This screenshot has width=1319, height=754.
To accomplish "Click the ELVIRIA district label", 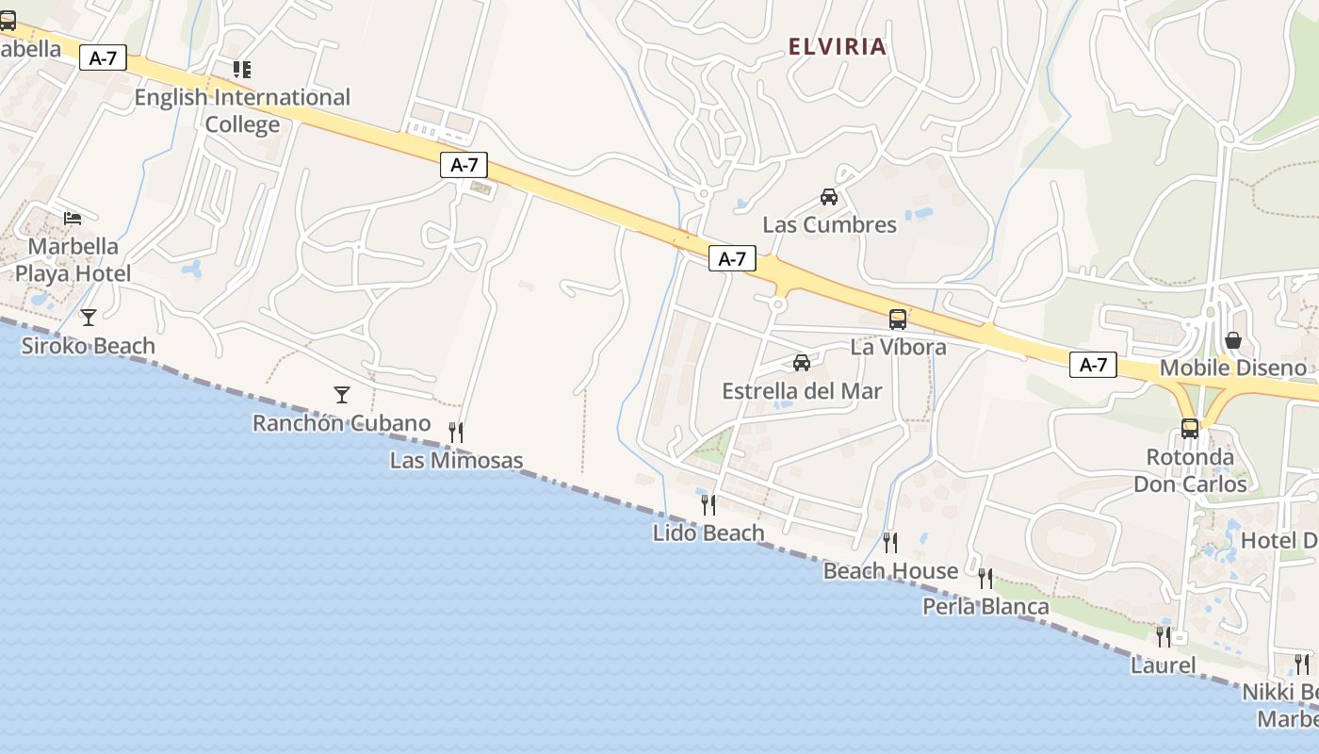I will point(837,46).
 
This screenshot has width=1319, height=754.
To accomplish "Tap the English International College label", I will point(242,110).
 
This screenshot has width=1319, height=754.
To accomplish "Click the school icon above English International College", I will point(242,69).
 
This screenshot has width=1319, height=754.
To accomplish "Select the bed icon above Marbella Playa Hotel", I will point(73,218).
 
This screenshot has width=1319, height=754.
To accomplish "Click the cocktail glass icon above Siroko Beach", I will point(89,317).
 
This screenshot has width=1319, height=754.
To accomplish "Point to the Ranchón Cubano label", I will point(341,423).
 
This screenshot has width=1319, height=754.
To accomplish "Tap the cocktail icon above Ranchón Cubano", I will point(341,394).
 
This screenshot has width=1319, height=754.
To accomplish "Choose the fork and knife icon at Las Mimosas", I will point(456,432).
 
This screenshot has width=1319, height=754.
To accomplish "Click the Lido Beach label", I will point(708,533).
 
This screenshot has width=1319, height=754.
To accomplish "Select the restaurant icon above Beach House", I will point(889,542).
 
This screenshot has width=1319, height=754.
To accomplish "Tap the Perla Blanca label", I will point(985,606).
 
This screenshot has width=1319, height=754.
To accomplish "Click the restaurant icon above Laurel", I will point(1164,636).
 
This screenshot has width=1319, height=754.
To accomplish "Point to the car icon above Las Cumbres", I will point(829,197).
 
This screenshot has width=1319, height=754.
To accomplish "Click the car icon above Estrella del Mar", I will point(802,362).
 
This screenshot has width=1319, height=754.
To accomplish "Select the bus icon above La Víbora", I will point(898,319).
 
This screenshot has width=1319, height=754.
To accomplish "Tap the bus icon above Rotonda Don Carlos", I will point(1190,429).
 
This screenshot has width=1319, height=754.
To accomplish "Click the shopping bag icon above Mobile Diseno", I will point(1232,339).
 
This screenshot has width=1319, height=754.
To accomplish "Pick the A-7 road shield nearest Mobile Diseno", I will point(1093,365).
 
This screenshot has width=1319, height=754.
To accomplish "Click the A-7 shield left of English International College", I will point(103,57).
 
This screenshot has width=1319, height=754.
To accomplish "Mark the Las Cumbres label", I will point(829,224).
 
